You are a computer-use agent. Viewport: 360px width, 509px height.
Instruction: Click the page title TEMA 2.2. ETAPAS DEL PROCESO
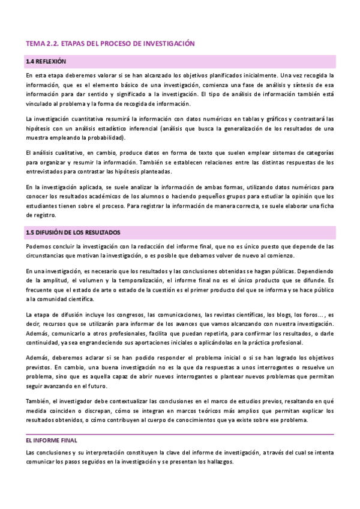(111, 43)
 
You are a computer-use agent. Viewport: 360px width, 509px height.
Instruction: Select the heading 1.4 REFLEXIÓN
(46, 62)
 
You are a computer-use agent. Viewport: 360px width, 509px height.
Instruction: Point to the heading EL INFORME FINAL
(52, 440)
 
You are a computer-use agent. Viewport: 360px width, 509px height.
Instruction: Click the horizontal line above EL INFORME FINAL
(180, 433)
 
